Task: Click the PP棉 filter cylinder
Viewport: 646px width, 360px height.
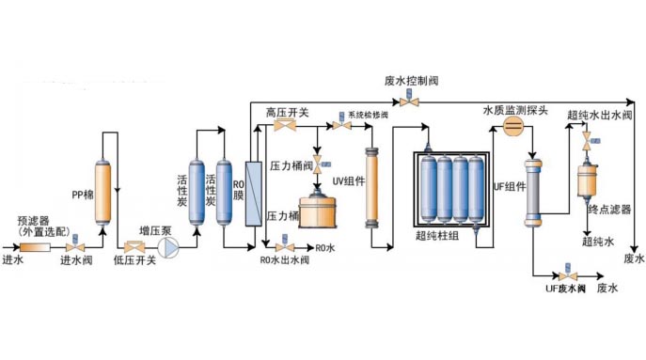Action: click(x=104, y=180)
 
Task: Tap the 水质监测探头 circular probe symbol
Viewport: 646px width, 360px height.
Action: click(x=513, y=130)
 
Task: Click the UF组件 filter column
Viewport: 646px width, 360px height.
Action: click(x=534, y=193)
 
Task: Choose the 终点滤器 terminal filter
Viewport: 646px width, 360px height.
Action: click(x=590, y=182)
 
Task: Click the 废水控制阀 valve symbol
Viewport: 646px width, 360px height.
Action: click(x=409, y=102)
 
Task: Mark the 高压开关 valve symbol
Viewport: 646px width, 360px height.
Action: click(x=280, y=127)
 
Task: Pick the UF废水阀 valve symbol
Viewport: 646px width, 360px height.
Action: click(x=566, y=275)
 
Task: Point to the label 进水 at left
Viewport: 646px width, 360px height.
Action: click(x=12, y=259)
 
